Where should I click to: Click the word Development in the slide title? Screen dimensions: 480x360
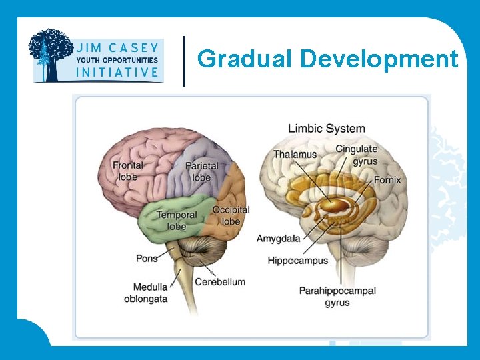click(379, 59)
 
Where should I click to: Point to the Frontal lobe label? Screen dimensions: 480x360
click(127, 171)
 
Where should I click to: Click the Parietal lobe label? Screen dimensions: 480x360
click(201, 171)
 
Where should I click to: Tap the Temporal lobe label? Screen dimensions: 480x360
click(177, 221)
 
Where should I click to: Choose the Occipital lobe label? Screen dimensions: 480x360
click(231, 215)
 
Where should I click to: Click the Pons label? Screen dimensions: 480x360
click(147, 258)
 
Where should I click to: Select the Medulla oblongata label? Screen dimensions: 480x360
click(145, 293)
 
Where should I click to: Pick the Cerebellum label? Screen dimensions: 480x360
click(220, 282)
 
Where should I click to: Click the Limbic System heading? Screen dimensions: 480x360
click(326, 128)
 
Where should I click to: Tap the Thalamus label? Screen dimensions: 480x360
click(295, 155)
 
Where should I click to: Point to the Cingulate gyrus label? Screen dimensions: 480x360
click(357, 155)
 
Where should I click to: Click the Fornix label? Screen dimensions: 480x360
click(387, 180)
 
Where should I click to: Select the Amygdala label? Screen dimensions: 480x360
click(278, 238)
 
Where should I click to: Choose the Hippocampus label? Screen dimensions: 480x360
click(298, 261)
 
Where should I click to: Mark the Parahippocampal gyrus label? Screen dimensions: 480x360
click(337, 296)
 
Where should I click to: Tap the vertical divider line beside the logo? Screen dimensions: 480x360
click(184, 61)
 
